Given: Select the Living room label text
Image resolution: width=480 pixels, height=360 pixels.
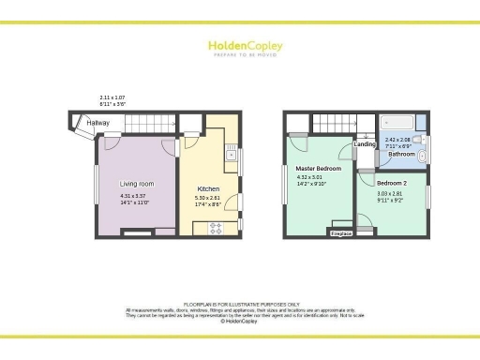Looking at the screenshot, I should (x=137, y=184).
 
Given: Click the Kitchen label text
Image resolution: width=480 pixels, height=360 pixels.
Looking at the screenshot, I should (x=208, y=189).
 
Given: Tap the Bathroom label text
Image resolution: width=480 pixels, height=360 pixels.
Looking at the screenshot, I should (x=403, y=153).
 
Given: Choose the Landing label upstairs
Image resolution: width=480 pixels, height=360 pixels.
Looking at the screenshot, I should (x=365, y=144).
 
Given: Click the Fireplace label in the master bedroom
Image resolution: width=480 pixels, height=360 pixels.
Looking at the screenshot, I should (x=341, y=232).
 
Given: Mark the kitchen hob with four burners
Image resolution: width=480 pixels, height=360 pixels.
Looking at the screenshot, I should (x=215, y=226).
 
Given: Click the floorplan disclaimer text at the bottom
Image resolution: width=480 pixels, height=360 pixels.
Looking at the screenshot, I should (x=240, y=313).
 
